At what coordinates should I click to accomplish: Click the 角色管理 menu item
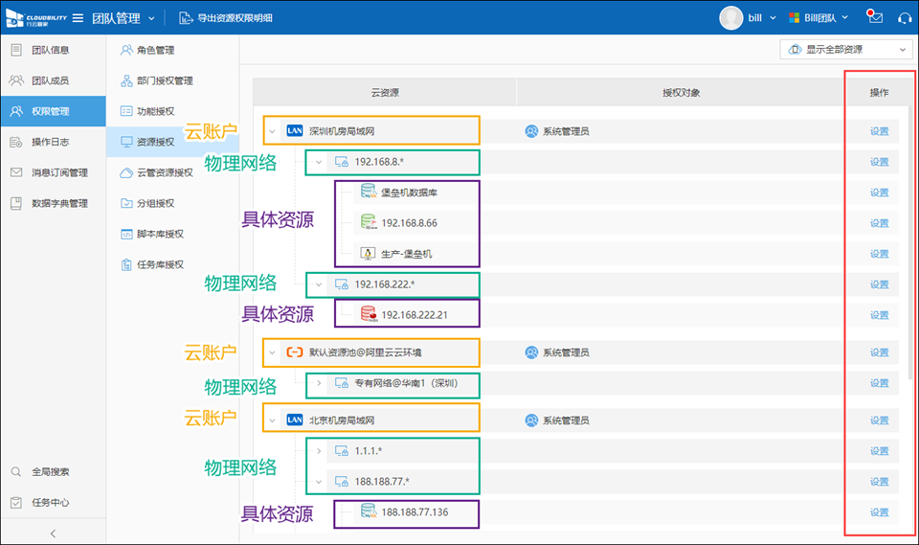pyautogui.click(x=147, y=50)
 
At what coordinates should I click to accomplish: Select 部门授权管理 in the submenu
pyautogui.click(x=156, y=80)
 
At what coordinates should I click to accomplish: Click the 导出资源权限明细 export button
pyautogui.click(x=226, y=17)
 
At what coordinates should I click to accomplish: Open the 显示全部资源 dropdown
pyautogui.click(x=846, y=49)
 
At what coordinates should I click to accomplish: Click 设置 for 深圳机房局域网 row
pyautogui.click(x=879, y=131)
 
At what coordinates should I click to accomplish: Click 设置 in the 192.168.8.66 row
pyautogui.click(x=879, y=223)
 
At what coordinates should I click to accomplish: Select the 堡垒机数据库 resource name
pyautogui.click(x=409, y=193)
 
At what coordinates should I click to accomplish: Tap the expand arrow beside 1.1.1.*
pyautogui.click(x=319, y=450)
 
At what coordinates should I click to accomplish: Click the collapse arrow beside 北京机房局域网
pyautogui.click(x=272, y=420)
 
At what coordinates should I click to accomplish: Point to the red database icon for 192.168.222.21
pyautogui.click(x=369, y=314)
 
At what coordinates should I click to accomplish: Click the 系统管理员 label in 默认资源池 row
pyautogui.click(x=566, y=352)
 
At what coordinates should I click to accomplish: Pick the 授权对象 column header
pyautogui.click(x=681, y=92)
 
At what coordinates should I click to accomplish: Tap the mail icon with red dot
pyautogui.click(x=874, y=17)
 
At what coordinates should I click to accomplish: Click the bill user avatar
pyautogui.click(x=730, y=17)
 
